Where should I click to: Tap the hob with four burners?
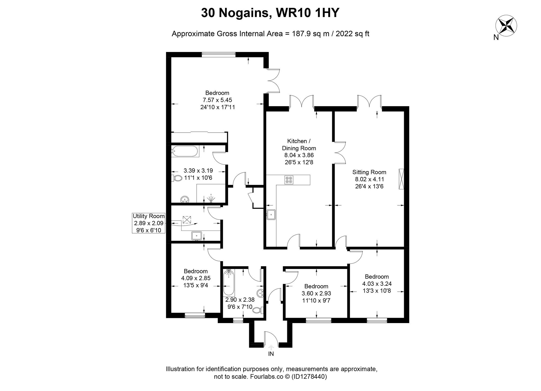(x=289, y=180)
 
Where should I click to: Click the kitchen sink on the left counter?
(x=271, y=215)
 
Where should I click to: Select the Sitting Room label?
(x=369, y=172)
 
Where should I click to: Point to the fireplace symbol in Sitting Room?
(x=401, y=179)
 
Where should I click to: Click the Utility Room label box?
(x=149, y=223)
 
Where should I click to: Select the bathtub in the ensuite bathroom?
(x=185, y=151)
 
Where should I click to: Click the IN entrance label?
(x=271, y=354)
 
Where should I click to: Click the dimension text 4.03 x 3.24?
(x=377, y=284)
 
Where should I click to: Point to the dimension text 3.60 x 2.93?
(x=316, y=293)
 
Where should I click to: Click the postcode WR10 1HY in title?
(x=307, y=13)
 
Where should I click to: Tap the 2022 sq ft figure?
(x=352, y=34)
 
